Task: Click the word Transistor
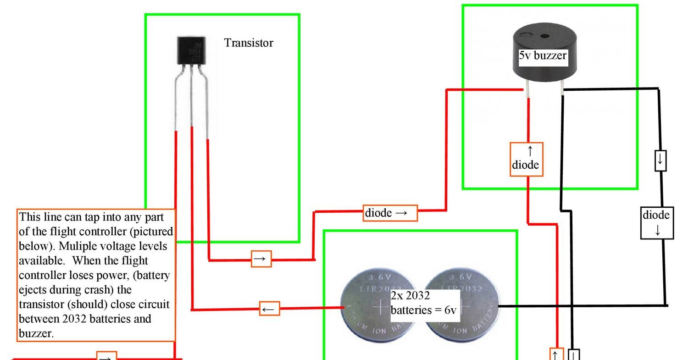pyautogui.click(x=248, y=43)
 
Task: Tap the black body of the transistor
pyautogui.click(x=191, y=50)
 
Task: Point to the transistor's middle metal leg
pyautogui.click(x=191, y=96)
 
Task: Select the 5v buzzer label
pyautogui.click(x=543, y=56)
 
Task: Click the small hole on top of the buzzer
pyautogui.click(x=544, y=36)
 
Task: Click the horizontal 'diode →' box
pyautogui.click(x=390, y=213)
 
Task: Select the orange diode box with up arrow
pyautogui.click(x=527, y=159)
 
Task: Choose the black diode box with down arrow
pyautogui.click(x=657, y=223)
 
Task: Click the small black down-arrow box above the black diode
pyautogui.click(x=660, y=161)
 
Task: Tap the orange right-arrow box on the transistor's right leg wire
pyautogui.click(x=261, y=259)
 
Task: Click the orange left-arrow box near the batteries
pyautogui.click(x=269, y=309)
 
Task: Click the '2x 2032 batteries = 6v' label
pyautogui.click(x=424, y=303)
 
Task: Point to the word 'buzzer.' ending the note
pyautogui.click(x=36, y=333)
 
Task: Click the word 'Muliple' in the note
pyautogui.click(x=72, y=246)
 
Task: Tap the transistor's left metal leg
pyautogui.click(x=177, y=101)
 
